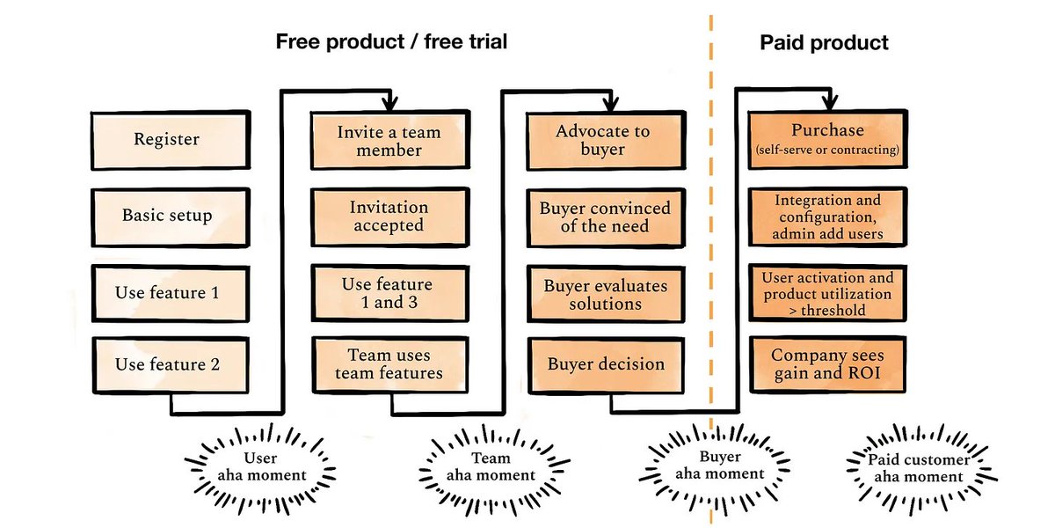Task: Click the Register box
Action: click(x=167, y=139)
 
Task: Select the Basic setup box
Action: click(x=167, y=216)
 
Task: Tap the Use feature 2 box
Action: click(x=167, y=363)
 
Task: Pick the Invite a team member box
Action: click(x=389, y=141)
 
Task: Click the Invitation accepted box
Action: click(x=389, y=216)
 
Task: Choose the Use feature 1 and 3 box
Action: click(x=389, y=293)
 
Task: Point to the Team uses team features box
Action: click(x=389, y=364)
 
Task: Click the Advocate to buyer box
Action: click(x=603, y=140)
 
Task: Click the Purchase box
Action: click(x=826, y=139)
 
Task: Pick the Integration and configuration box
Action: click(x=826, y=216)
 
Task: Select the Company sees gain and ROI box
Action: click(x=826, y=364)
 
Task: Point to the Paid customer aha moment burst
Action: click(x=919, y=467)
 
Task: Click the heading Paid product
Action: click(x=824, y=42)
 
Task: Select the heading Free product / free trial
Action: click(x=391, y=42)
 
